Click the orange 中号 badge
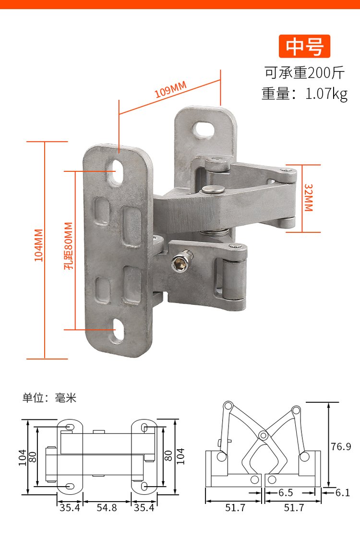[305, 46]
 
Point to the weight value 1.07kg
[326, 93]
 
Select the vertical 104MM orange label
[39, 245]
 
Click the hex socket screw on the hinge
[181, 262]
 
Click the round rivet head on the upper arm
[214, 189]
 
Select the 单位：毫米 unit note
[49, 398]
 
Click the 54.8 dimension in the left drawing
[107, 507]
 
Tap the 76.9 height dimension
[341, 446]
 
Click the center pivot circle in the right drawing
[263, 435]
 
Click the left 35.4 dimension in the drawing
[70, 507]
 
